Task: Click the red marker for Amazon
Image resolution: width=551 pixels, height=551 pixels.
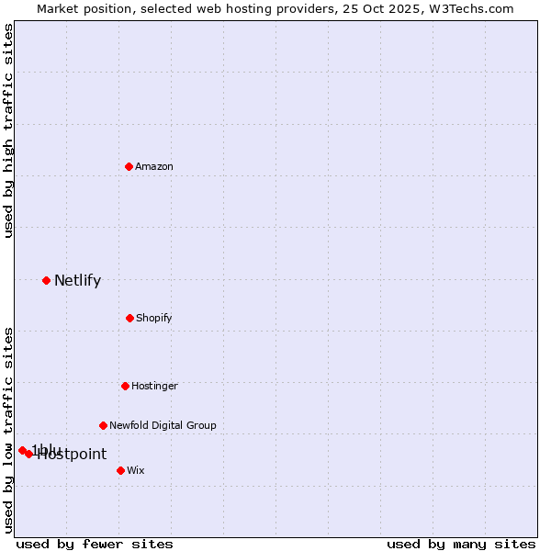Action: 129,166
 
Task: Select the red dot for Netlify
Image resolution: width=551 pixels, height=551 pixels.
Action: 46,280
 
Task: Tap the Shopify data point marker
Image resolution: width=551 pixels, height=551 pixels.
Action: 129,318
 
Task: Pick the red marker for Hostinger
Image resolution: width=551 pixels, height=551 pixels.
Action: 125,386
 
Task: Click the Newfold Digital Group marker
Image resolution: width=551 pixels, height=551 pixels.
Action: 103,425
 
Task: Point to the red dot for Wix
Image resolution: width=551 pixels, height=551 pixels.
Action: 120,470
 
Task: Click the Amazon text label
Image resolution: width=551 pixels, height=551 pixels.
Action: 154,166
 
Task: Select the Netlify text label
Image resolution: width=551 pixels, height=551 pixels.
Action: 77,281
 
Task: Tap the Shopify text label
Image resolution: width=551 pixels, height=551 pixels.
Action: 154,318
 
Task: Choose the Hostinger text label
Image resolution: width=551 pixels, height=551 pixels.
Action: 154,386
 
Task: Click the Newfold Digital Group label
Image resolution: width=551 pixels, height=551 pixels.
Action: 163,425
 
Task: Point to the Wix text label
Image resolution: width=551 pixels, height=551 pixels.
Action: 136,470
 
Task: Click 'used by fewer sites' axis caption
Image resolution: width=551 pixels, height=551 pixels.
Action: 95,544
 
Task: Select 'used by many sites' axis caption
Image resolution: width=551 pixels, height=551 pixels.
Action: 461,544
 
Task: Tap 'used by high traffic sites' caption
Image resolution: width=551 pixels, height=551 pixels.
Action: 8,130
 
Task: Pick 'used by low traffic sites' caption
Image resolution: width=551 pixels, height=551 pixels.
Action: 8,430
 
